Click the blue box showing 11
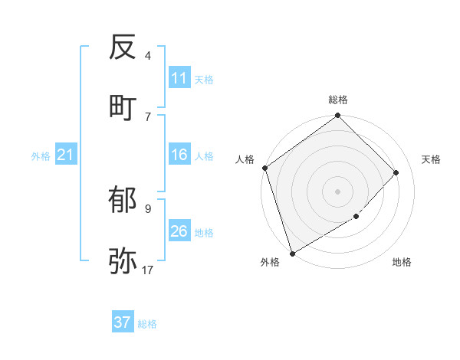click(x=179, y=78)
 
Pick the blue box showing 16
click(x=179, y=155)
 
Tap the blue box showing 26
click(x=179, y=231)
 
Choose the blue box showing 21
click(x=66, y=155)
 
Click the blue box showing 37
click(x=123, y=322)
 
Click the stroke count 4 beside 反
click(x=148, y=56)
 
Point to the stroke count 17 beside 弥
click(x=148, y=270)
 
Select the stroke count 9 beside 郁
click(x=148, y=208)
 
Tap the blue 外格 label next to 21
click(x=41, y=156)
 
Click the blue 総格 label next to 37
click(x=147, y=324)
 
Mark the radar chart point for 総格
click(x=337, y=116)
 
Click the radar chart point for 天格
click(x=396, y=172)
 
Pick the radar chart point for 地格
click(x=356, y=217)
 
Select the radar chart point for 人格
click(x=264, y=168)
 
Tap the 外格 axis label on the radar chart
click(x=270, y=263)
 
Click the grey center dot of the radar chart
click(x=337, y=191)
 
